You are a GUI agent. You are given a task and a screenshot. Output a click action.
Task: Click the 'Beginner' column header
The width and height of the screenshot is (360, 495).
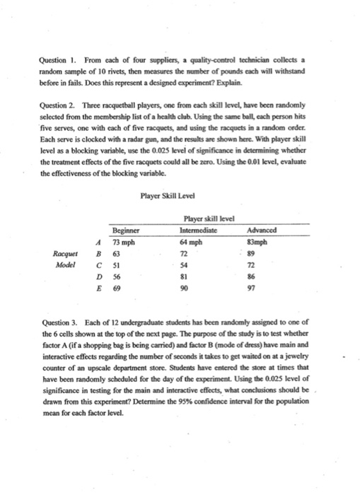tap(129, 230)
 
